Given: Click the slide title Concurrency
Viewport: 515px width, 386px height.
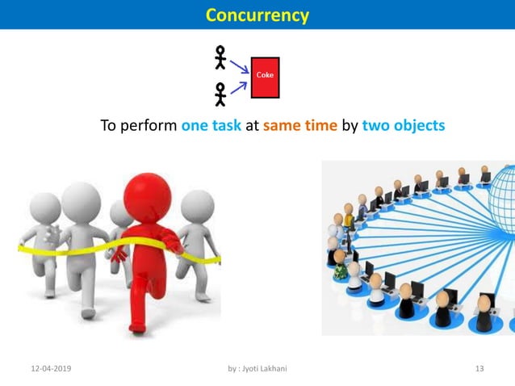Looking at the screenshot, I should pos(257,15).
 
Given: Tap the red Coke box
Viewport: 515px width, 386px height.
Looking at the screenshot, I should pos(265,78).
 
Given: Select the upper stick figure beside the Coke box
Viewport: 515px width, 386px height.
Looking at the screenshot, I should pos(220,57).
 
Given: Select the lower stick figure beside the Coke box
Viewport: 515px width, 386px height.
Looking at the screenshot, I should pos(220,94).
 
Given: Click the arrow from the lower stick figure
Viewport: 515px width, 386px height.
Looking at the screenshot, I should pos(239,86).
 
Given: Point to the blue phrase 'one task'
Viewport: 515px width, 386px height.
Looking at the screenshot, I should pos(211,126).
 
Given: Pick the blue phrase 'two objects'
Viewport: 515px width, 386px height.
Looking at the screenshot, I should pos(403,126).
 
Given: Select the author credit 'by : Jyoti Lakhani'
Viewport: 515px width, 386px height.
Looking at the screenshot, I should pos(257,369).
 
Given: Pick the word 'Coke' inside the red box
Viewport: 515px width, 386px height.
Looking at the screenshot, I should pos(265,75).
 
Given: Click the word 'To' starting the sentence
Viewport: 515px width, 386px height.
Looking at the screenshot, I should pos(108,126).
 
